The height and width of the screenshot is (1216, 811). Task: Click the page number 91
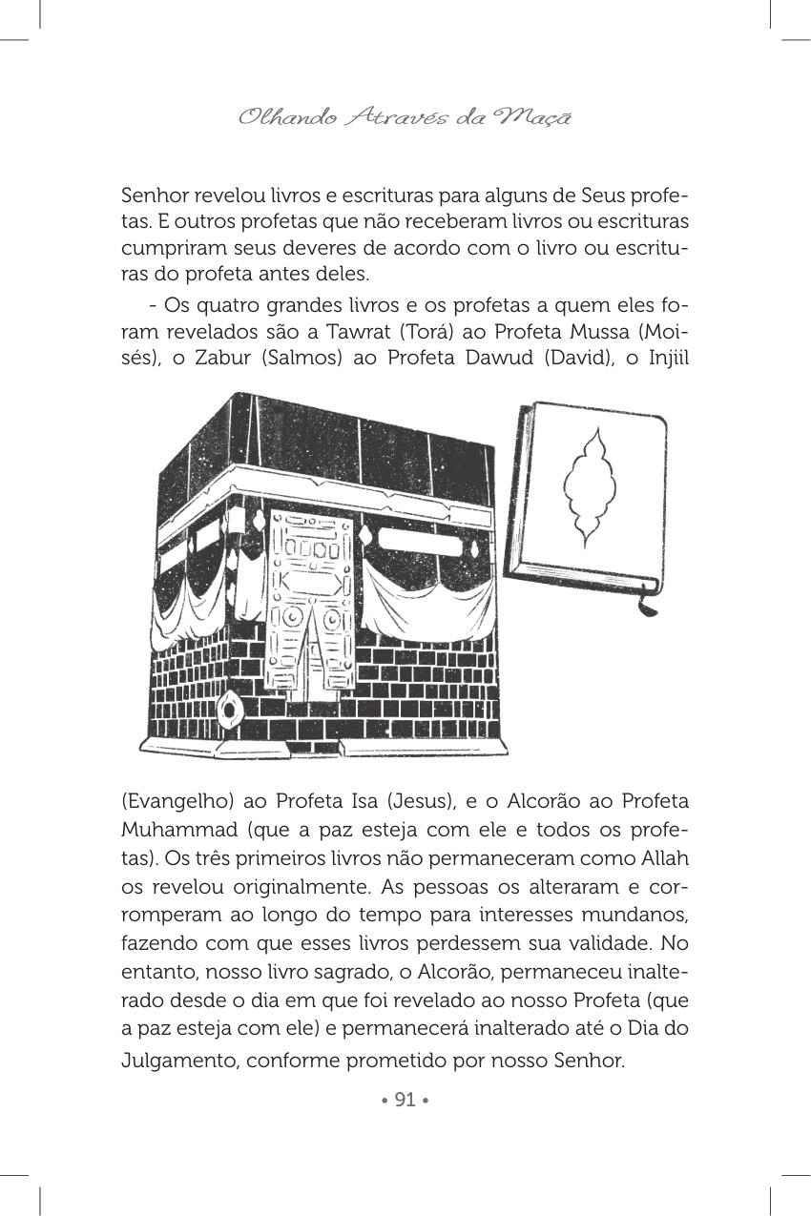coord(405,1101)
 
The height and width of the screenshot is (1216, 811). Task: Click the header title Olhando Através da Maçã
coord(405,118)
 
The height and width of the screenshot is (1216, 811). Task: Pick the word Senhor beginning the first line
coord(155,196)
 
